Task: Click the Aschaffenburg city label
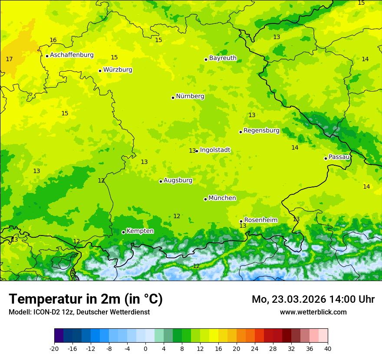pyautogui.click(x=72, y=55)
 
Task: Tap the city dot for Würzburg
pyautogui.click(x=100, y=71)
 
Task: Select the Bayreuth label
pyautogui.click(x=223, y=58)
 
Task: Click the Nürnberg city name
pyautogui.click(x=190, y=96)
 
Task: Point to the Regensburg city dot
pyautogui.click(x=240, y=132)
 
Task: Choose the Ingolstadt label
pyautogui.click(x=215, y=150)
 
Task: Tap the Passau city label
pyautogui.click(x=339, y=157)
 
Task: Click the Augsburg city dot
pyautogui.click(x=161, y=181)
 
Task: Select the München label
pyautogui.click(x=222, y=198)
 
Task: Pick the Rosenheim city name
pyautogui.click(x=260, y=220)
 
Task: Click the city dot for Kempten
pyautogui.click(x=123, y=232)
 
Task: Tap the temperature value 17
pyautogui.click(x=9, y=59)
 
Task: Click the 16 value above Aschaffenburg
pyautogui.click(x=53, y=40)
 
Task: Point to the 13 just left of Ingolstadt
pyautogui.click(x=192, y=151)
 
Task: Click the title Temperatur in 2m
pyautogui.click(x=86, y=299)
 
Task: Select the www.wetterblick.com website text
pyautogui.click(x=313, y=312)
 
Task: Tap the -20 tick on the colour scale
pyautogui.click(x=54, y=348)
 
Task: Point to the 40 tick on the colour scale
pyautogui.click(x=328, y=348)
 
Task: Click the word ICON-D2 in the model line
pyautogui.click(x=46, y=312)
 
